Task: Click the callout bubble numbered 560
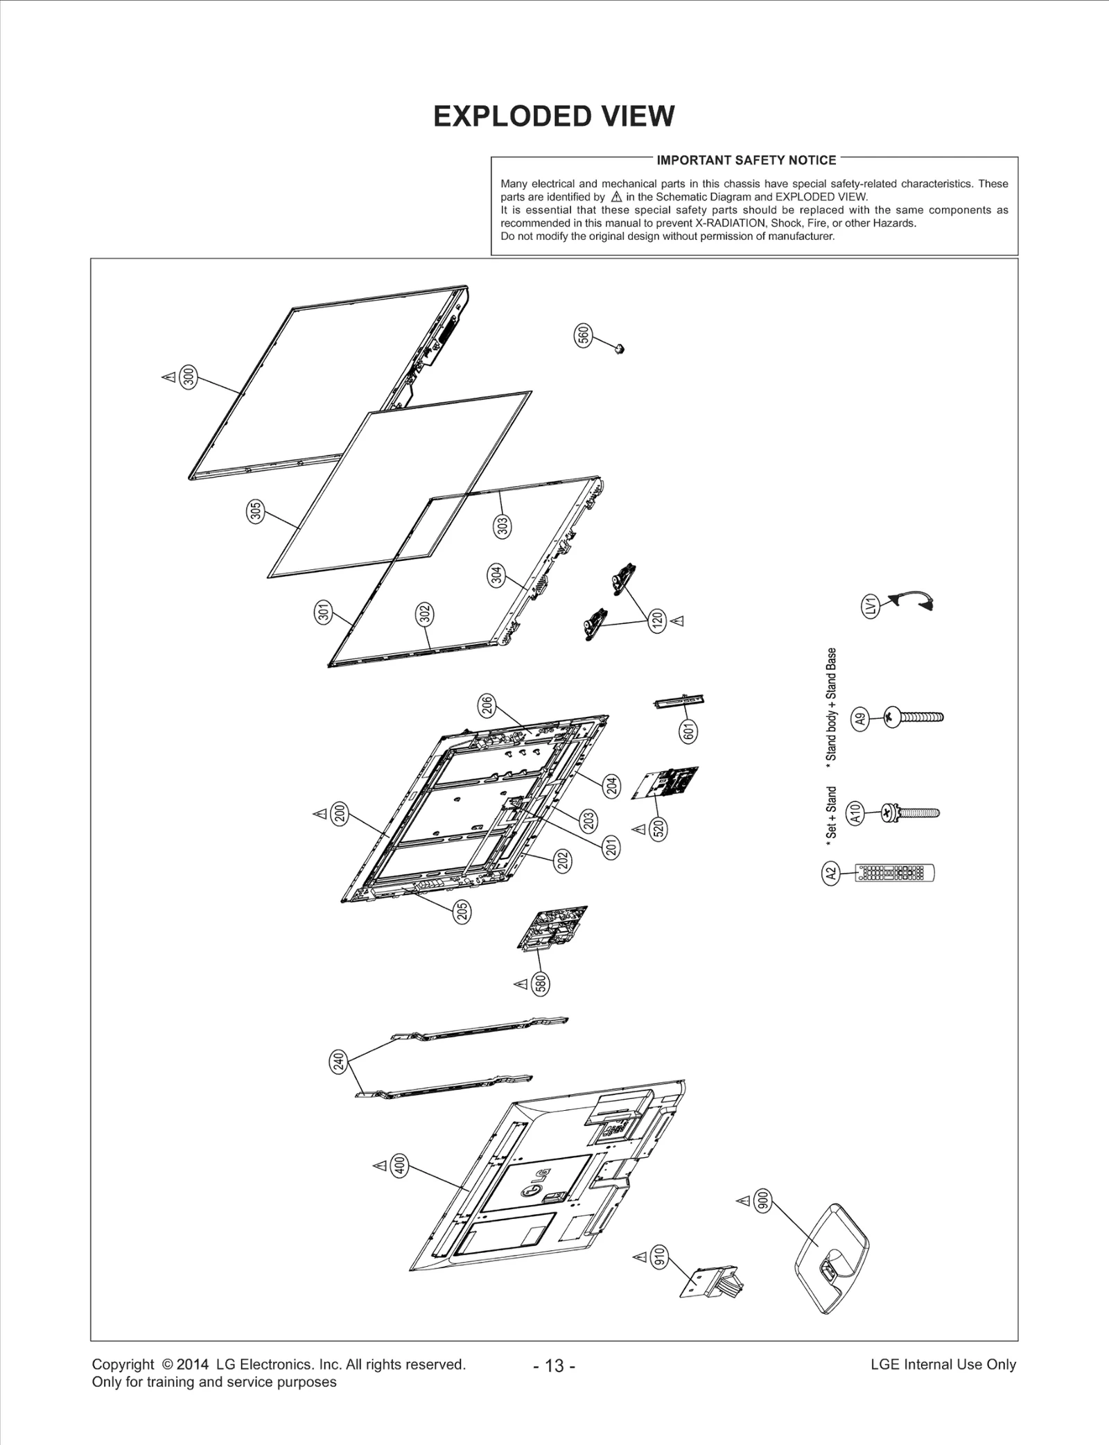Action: [x=584, y=335]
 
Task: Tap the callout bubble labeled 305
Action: [x=256, y=512]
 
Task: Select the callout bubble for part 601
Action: [x=689, y=732]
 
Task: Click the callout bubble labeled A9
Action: [x=861, y=718]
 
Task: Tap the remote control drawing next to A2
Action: [x=895, y=873]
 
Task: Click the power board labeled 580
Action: [x=553, y=928]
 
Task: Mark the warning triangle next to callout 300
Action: [x=168, y=377]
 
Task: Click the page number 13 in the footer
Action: [x=554, y=1366]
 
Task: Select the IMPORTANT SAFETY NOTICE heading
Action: [x=746, y=160]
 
